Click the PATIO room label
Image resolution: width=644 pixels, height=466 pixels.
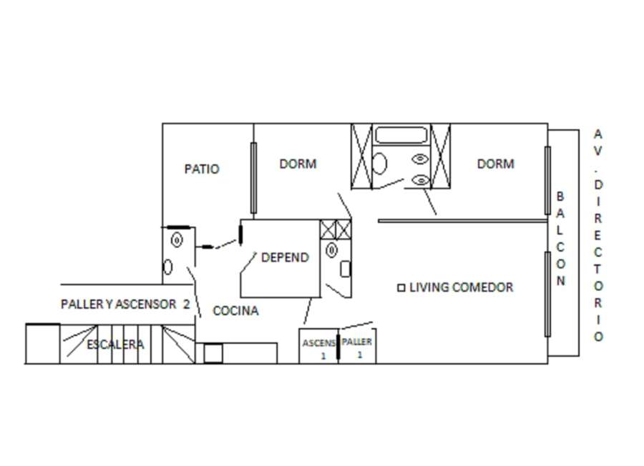tap(202, 169)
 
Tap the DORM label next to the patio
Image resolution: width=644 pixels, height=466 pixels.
tap(298, 164)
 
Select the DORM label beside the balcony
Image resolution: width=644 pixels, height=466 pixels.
tap(495, 164)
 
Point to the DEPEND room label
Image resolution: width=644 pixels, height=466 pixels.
tap(285, 257)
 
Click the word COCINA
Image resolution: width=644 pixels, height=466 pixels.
tap(235, 311)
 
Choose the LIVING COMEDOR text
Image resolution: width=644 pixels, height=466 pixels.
tap(462, 287)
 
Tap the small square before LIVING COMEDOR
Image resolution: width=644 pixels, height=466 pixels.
tap(401, 287)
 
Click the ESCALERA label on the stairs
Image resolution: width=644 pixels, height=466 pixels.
tap(115, 344)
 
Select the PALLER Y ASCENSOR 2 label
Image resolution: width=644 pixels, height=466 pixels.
tap(125, 304)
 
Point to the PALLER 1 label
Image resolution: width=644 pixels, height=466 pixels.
tap(356, 347)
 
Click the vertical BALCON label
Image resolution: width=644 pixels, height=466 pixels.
tap(561, 238)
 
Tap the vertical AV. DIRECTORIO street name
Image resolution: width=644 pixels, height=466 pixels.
tap(598, 235)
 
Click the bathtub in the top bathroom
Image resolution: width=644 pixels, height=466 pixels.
tap(401, 135)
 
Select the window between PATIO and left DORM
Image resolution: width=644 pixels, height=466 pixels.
tap(253, 178)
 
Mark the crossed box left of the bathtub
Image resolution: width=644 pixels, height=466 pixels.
tap(361, 157)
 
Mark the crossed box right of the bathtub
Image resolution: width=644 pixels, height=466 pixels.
tap(440, 157)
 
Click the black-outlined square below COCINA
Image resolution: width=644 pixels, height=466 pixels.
tap(213, 353)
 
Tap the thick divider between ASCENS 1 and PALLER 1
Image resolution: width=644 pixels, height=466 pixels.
tap(338, 347)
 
